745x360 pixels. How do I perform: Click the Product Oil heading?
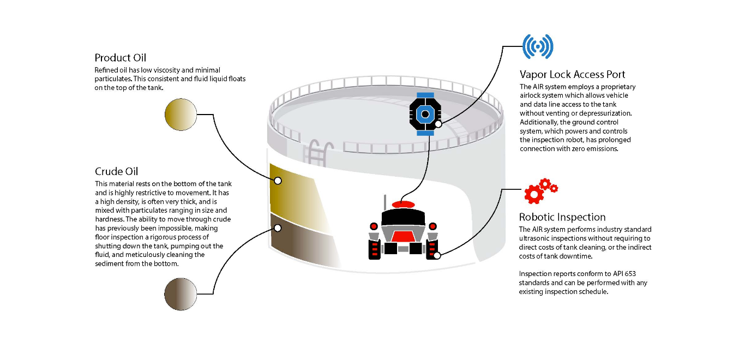120,58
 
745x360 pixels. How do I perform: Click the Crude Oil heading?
116,172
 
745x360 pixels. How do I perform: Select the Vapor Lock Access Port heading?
572,75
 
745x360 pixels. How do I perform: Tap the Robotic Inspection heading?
562,217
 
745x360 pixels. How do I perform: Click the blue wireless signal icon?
538,47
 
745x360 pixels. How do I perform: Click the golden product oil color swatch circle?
181,115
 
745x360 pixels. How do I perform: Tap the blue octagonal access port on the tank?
424,114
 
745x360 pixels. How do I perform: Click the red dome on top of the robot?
404,205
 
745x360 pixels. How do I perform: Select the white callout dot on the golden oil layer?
278,181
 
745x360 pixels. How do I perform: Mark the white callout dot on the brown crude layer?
278,227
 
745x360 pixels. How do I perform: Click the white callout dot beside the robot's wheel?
437,255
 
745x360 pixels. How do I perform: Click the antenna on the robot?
385,201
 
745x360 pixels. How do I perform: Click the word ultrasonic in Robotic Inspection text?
536,238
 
